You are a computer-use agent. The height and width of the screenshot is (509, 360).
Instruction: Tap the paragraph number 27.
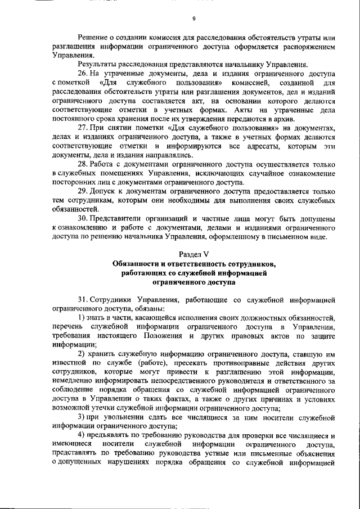tap(83, 128)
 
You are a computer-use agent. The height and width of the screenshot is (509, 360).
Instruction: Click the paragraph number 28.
tap(83, 164)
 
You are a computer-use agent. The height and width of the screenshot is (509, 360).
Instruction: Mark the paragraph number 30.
tap(83, 218)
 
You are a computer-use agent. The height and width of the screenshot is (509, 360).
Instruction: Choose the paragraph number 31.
tap(83, 299)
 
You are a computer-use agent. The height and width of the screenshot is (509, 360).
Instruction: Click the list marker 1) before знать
tap(82, 318)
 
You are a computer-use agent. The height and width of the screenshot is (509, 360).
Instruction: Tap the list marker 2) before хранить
tap(82, 354)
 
